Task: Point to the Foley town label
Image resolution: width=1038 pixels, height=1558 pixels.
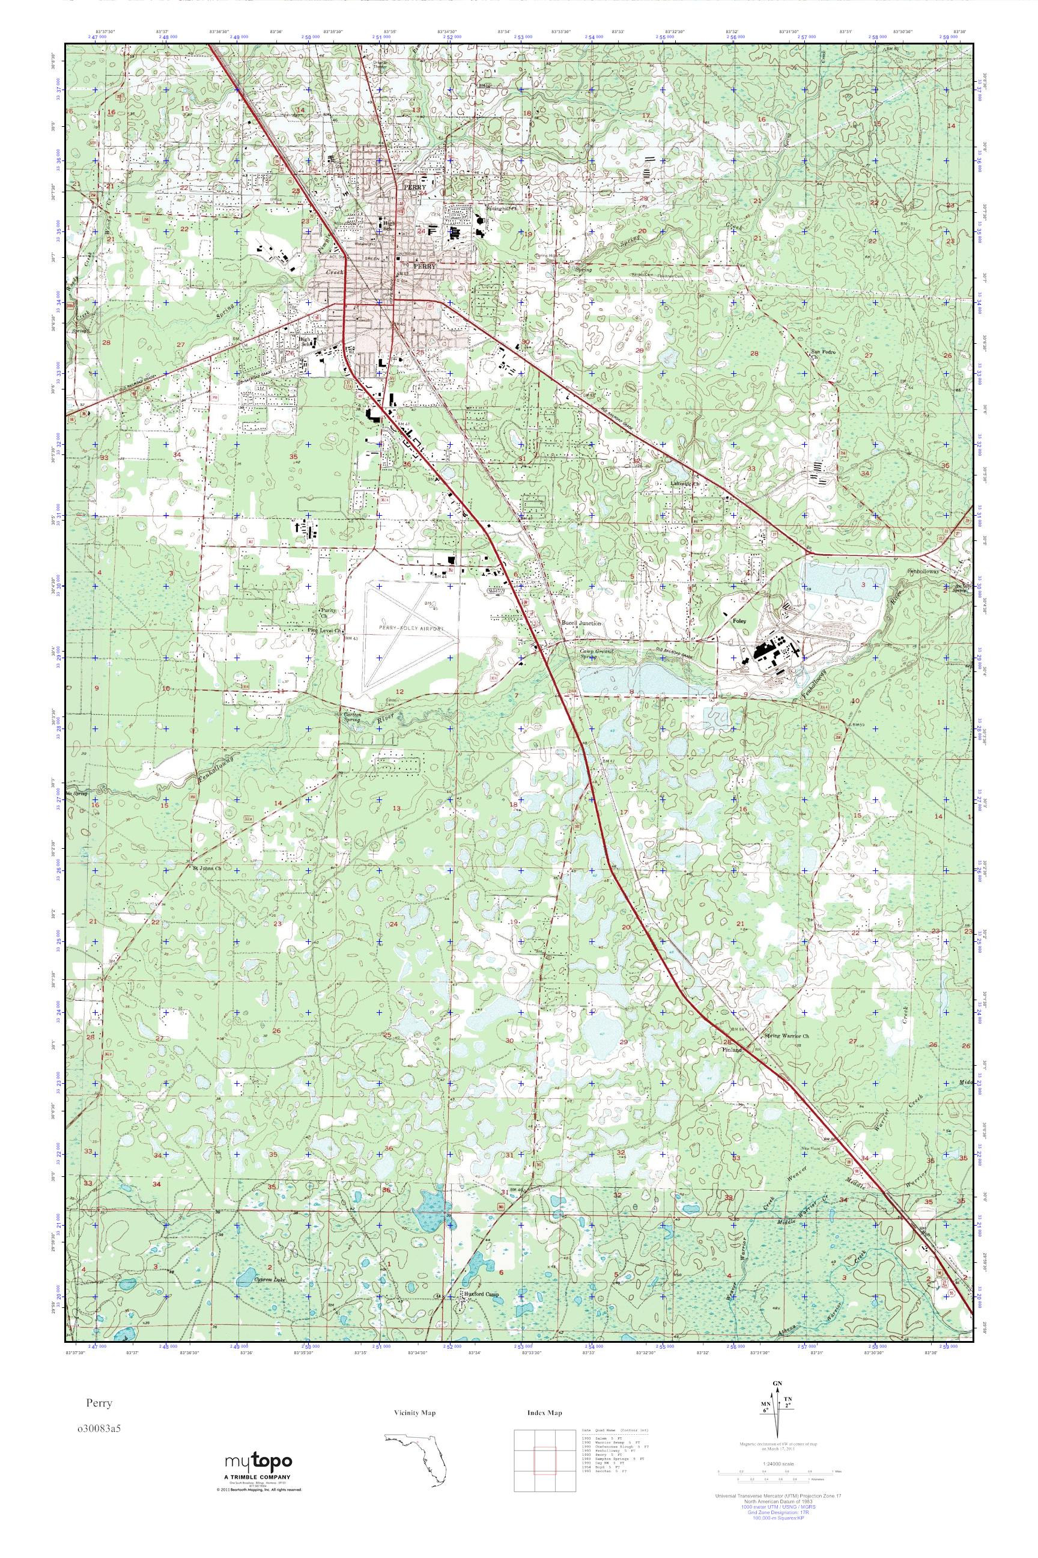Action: (x=739, y=622)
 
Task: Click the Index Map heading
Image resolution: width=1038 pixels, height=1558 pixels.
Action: (x=544, y=1413)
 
